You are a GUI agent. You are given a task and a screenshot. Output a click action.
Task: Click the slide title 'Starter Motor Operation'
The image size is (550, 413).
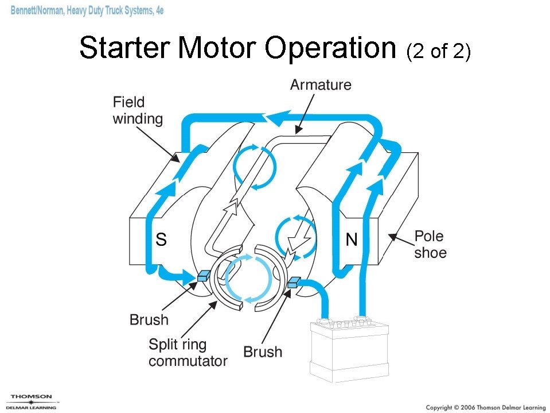coord(237,48)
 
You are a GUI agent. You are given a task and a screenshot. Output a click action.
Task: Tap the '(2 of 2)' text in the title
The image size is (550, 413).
coord(438,51)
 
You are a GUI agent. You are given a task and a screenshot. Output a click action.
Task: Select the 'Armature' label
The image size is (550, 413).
coord(320,85)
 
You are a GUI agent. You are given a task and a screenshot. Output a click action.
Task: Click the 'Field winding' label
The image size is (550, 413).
coord(137,111)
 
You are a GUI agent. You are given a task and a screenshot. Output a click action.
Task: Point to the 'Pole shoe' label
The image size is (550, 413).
coord(430,244)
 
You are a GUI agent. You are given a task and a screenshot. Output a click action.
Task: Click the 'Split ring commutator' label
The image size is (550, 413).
coord(188,353)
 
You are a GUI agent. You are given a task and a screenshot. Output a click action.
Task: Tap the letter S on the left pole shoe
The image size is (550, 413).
coord(161,239)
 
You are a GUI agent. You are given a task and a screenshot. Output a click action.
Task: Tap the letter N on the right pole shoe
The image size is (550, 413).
coord(351,239)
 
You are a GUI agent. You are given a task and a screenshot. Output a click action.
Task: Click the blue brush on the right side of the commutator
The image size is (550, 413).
coord(294,281)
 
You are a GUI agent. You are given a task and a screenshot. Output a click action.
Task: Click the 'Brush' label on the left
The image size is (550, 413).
coord(149,320)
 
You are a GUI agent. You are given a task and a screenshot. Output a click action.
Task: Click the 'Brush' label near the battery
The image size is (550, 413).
coord(263,352)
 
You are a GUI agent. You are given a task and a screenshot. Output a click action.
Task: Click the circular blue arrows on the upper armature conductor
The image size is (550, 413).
coord(254,167)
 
